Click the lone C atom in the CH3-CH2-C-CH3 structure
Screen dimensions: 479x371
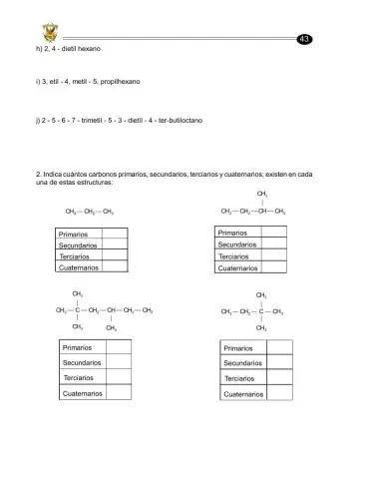pyautogui.click(x=260, y=312)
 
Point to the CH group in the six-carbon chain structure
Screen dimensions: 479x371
pyautogui.click(x=112, y=312)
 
